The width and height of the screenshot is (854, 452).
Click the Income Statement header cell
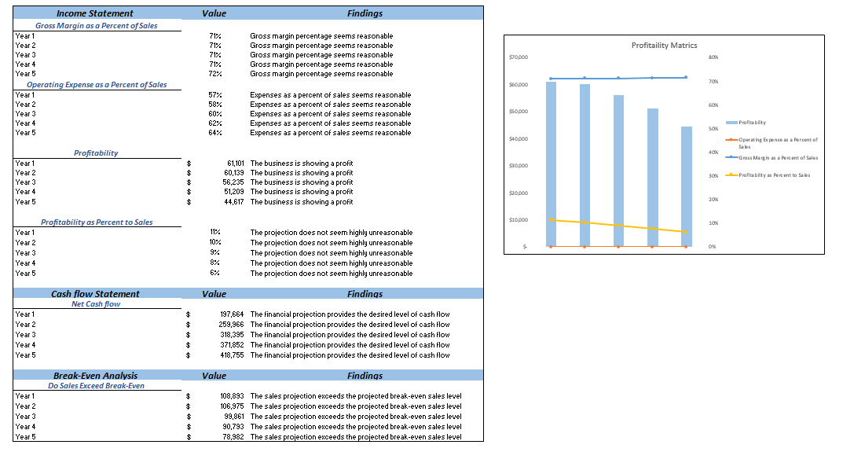[x=95, y=13]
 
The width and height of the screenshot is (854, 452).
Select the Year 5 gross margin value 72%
[x=215, y=74]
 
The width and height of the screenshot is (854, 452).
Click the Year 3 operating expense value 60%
[x=215, y=114]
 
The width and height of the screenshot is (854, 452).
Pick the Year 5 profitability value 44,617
[x=233, y=202]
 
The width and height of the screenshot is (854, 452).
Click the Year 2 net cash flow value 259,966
[x=232, y=325]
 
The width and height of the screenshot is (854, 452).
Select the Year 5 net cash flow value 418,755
[x=232, y=355]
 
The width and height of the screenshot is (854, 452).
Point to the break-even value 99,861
[x=233, y=417]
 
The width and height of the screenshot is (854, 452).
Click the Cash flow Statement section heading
[x=95, y=294]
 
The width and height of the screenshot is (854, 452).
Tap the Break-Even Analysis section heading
[x=95, y=376]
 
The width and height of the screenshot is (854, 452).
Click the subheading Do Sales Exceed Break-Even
[x=96, y=386]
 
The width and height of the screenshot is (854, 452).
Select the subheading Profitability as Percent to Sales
[x=97, y=222]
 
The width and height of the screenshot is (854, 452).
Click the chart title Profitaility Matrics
[x=664, y=46]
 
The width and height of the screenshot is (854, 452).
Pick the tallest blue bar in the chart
[x=551, y=165]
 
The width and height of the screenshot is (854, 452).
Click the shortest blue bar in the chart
[x=687, y=187]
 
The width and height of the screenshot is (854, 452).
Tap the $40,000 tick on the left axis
[x=519, y=139]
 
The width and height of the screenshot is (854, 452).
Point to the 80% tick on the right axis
[x=713, y=57]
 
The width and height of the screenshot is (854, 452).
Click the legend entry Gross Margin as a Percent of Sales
[x=777, y=158]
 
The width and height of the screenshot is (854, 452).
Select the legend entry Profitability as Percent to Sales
[x=774, y=175]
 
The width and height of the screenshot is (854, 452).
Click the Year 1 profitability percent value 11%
[x=215, y=233]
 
